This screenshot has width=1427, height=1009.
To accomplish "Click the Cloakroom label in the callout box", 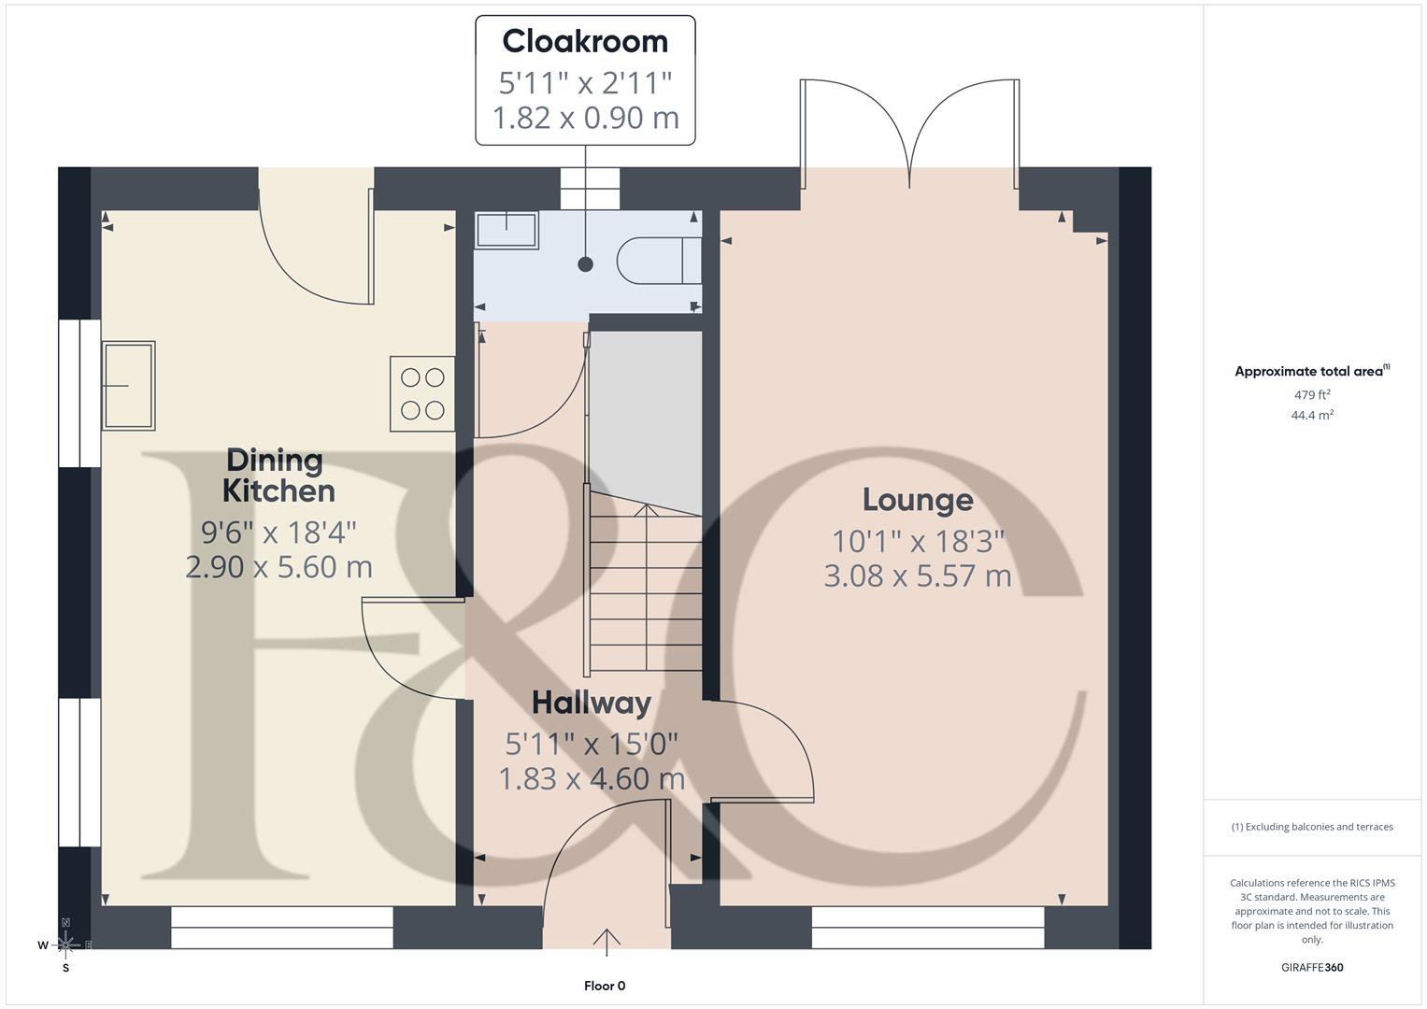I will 585,41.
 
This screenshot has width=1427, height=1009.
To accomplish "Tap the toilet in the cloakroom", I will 659,260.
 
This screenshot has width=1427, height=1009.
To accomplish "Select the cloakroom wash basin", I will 507,230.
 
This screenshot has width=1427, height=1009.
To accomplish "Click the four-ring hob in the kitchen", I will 422,393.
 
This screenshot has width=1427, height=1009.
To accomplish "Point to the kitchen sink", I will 128,385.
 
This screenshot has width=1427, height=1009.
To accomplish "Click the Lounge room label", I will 917,500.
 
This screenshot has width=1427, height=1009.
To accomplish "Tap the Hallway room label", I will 591,703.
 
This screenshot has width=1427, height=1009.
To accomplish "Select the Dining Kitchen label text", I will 278,475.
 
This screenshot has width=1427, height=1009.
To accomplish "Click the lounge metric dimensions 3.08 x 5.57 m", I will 917,576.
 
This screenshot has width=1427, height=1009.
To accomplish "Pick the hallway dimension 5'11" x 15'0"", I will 591,744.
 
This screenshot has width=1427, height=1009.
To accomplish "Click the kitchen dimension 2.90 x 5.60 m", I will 278,567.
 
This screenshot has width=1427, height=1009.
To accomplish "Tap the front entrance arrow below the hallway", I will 606,942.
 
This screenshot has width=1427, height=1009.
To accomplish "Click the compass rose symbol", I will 65,945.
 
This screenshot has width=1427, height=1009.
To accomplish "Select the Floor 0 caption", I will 605,986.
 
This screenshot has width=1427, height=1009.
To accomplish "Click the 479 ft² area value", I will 1312,395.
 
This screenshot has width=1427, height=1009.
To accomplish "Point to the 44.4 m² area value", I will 1312,416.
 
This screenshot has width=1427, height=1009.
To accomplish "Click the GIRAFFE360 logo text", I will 1311,967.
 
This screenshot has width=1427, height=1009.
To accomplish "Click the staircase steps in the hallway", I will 645,589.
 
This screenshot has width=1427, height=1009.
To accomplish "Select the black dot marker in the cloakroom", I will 586,264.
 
